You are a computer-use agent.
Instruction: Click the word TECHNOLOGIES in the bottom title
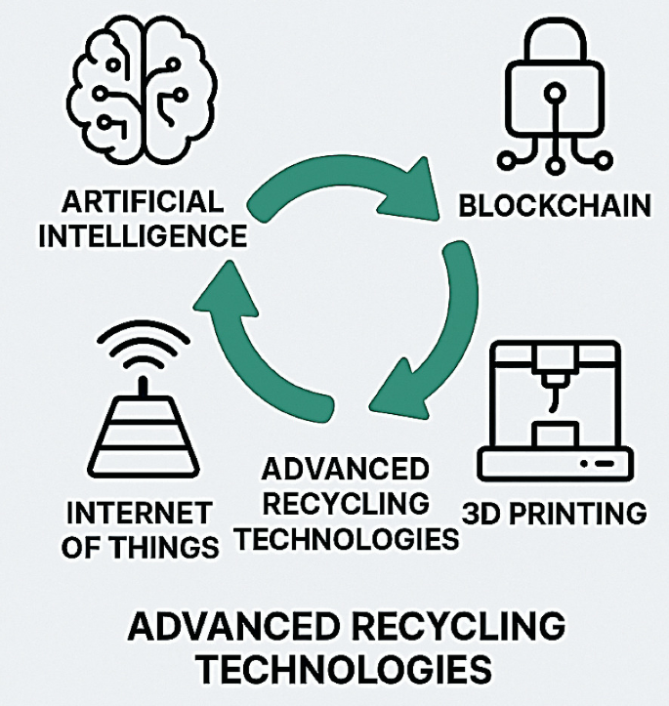coord(334,669)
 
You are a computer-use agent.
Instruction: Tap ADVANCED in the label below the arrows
coord(344,471)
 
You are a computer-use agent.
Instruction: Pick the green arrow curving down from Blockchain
coord(431,332)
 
